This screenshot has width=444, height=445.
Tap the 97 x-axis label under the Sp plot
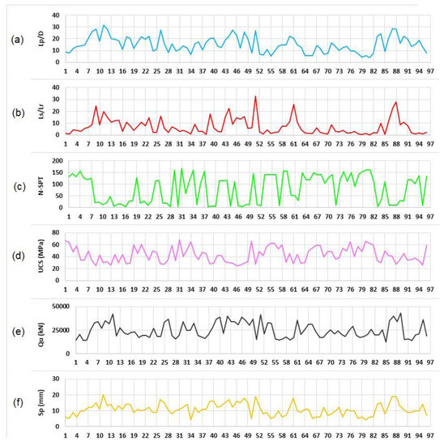(426, 434)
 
